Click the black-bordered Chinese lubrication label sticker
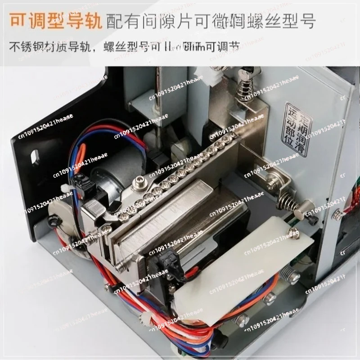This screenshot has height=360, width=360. click(296, 129)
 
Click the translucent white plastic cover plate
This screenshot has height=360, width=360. click(243, 270)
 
